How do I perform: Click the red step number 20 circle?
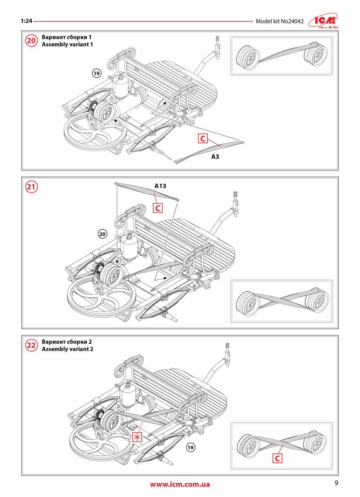tap(31, 41)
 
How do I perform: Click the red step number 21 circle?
tap(31, 187)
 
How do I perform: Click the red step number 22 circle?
tap(31, 345)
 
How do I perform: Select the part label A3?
tap(215, 157)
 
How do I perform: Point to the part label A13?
tap(160, 186)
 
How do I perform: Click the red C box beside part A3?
tap(203, 138)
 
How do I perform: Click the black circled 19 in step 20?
tap(96, 73)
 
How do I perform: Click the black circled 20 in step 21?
tap(102, 234)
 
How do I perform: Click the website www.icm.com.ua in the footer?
tap(180, 484)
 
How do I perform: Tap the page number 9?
tap(336, 483)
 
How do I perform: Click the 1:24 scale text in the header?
tap(26, 21)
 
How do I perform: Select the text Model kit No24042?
tap(280, 21)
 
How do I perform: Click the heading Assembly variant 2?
tap(67, 349)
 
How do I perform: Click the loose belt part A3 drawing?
tap(209, 150)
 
